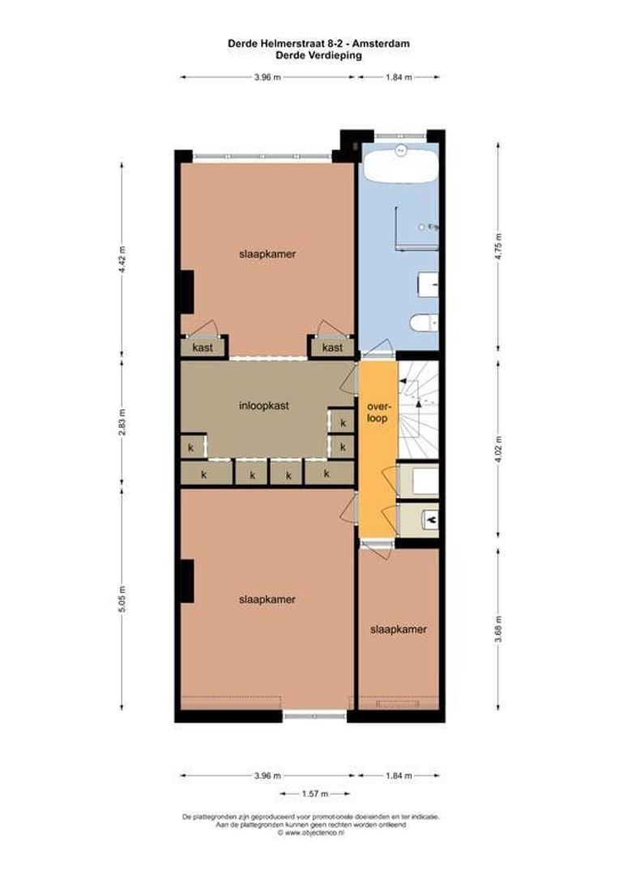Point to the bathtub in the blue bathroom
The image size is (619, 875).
pyautogui.click(x=400, y=165)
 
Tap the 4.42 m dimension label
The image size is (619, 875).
pyautogui.click(x=123, y=258)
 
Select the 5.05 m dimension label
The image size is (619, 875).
pyautogui.click(x=123, y=599)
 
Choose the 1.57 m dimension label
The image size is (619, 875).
pyautogui.click(x=315, y=794)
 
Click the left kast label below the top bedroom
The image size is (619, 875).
pyautogui.click(x=202, y=348)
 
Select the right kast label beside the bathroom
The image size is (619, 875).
pyautogui.click(x=332, y=348)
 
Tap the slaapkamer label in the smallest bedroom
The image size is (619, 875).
pyautogui.click(x=398, y=630)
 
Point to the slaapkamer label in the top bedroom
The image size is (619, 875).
pyautogui.click(x=267, y=254)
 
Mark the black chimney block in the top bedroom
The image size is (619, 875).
pyautogui.click(x=186, y=292)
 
